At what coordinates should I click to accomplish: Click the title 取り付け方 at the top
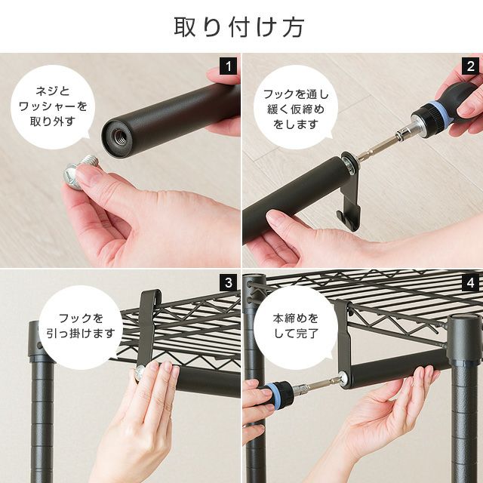239,27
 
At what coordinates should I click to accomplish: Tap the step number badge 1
228,66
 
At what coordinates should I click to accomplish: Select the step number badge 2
470,66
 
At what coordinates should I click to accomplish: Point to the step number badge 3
228,283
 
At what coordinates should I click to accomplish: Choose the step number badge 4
470,283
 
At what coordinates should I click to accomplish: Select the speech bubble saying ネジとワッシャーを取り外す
53,107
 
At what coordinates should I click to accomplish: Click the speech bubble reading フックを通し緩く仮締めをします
296,107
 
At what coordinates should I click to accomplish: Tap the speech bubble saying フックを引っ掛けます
81,327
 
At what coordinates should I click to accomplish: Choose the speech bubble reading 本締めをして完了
296,327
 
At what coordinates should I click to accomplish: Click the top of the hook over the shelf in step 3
151,294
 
